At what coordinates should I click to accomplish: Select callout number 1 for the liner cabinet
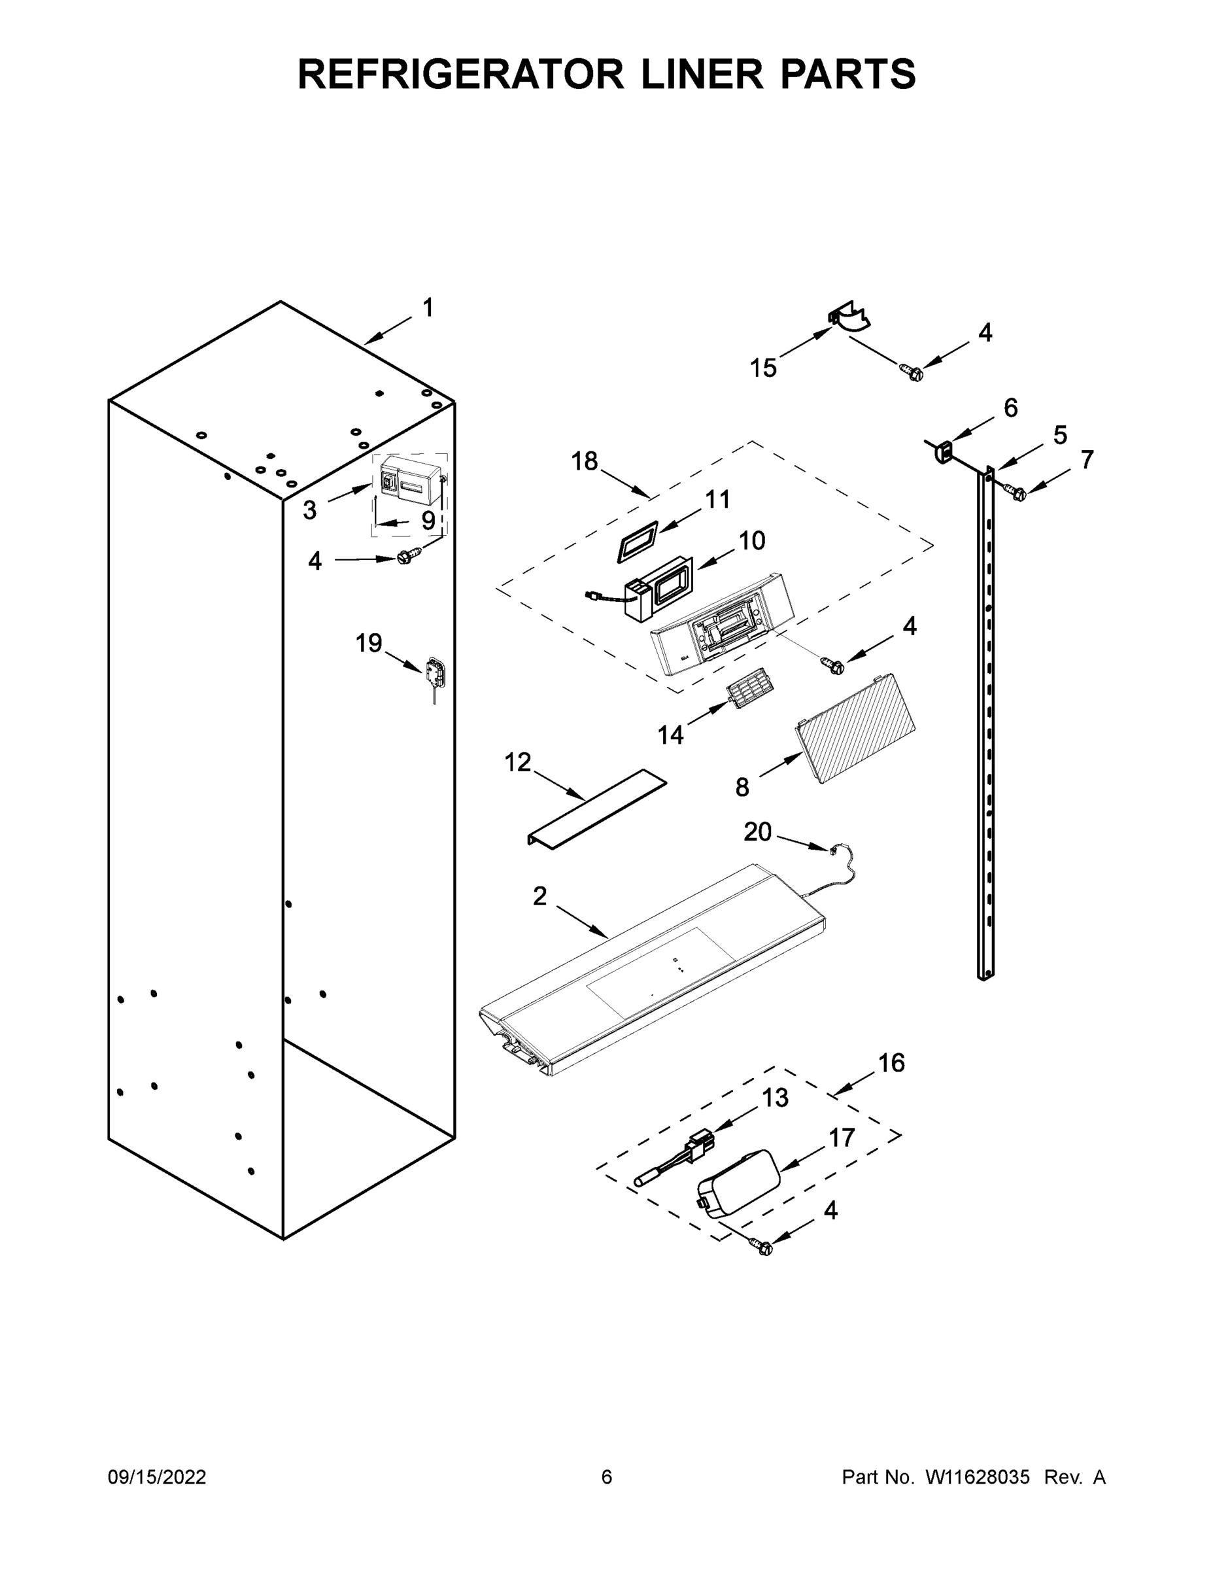(428, 308)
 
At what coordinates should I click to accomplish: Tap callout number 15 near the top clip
(763, 368)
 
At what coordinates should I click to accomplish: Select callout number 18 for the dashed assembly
(584, 461)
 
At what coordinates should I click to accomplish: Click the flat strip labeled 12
(596, 808)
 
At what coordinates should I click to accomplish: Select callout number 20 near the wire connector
(757, 831)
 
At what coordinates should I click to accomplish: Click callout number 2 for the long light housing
(539, 896)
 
